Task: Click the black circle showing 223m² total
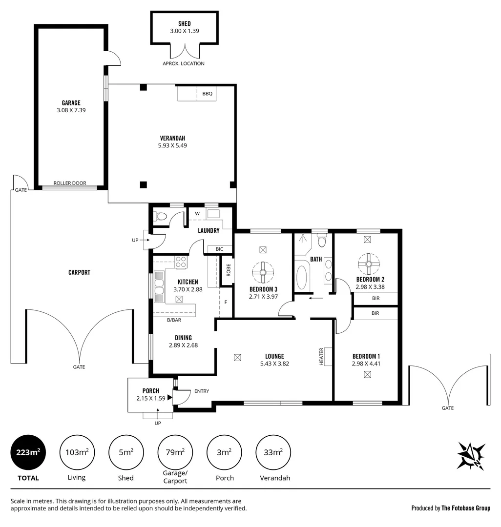tap(28, 452)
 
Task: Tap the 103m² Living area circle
tap(77, 452)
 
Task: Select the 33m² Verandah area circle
tap(273, 452)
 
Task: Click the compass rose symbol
tap(471, 456)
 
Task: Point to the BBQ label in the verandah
tap(208, 94)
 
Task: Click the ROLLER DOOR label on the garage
tap(70, 183)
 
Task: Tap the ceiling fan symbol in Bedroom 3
tap(263, 272)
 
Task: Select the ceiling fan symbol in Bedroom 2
tap(369, 264)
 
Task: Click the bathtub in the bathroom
tap(303, 275)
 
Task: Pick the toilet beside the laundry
tap(161, 216)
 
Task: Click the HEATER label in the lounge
tap(322, 356)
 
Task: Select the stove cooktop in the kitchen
tap(181, 262)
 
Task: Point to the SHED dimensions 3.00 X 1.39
tap(185, 31)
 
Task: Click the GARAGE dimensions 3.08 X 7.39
tap(71, 110)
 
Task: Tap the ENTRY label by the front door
tap(202, 391)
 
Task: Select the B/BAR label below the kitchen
tap(174, 320)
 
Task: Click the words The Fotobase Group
tap(466, 508)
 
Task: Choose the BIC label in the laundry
tap(219, 249)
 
